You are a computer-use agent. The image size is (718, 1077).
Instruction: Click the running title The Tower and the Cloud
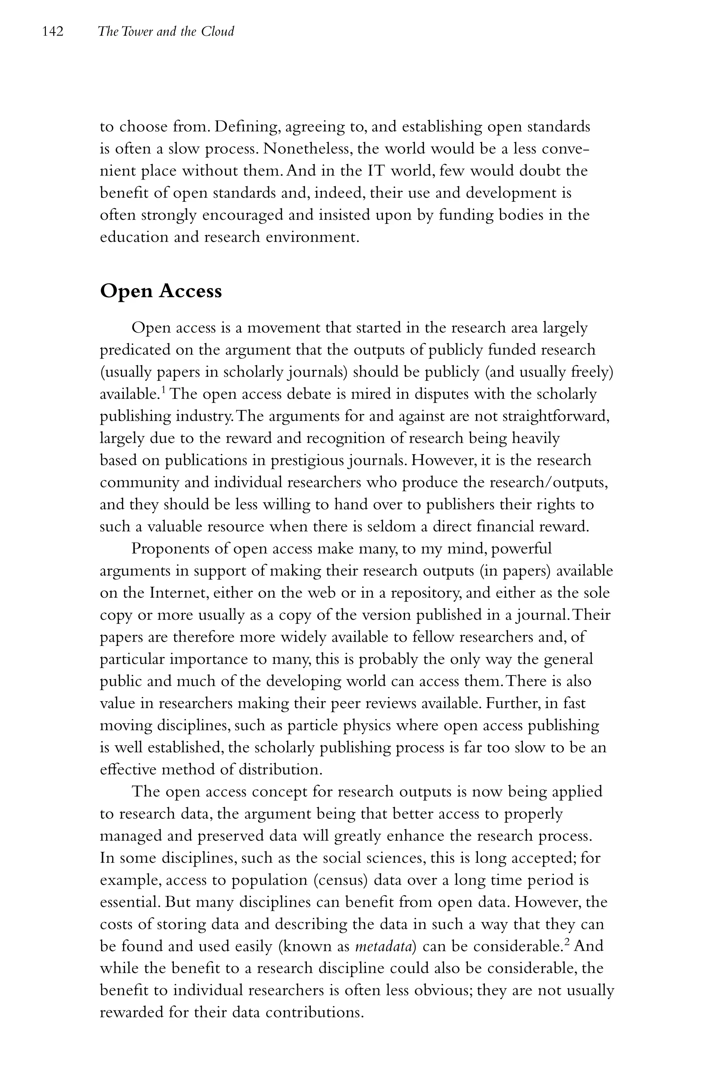coord(166,32)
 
